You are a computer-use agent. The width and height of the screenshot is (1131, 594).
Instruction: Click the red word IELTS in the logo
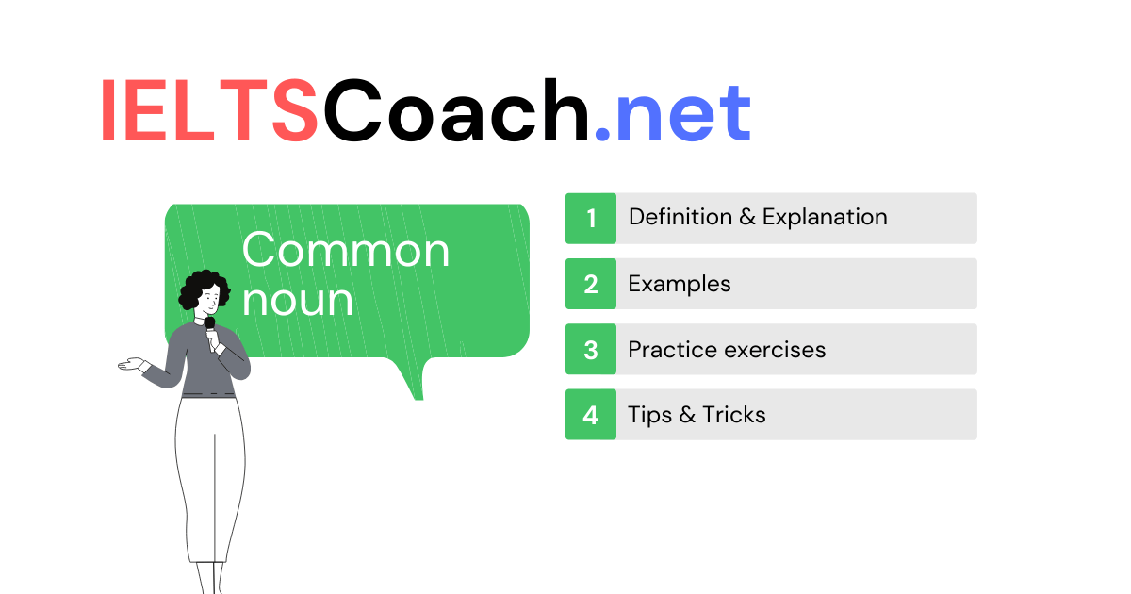209,110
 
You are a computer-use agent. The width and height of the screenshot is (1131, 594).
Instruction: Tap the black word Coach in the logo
456,109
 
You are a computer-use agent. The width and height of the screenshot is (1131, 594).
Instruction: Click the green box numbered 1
591,218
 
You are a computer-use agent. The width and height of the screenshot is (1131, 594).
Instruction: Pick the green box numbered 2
591,284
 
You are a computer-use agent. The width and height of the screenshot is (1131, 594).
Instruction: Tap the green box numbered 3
591,349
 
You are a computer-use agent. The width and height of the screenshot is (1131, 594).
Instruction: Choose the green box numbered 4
591,414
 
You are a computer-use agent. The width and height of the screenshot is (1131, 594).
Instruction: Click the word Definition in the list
680,217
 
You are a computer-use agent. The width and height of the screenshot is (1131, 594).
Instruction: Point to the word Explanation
825,218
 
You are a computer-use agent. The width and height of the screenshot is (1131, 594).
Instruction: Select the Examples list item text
680,285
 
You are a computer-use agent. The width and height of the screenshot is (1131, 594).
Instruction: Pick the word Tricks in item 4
734,415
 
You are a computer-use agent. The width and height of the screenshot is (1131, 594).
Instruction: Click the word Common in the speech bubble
346,251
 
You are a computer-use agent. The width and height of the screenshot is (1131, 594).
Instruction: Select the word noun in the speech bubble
298,301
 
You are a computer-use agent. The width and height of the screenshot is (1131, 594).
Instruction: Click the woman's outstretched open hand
132,365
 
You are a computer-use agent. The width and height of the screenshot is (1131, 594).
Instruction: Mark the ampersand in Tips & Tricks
687,415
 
